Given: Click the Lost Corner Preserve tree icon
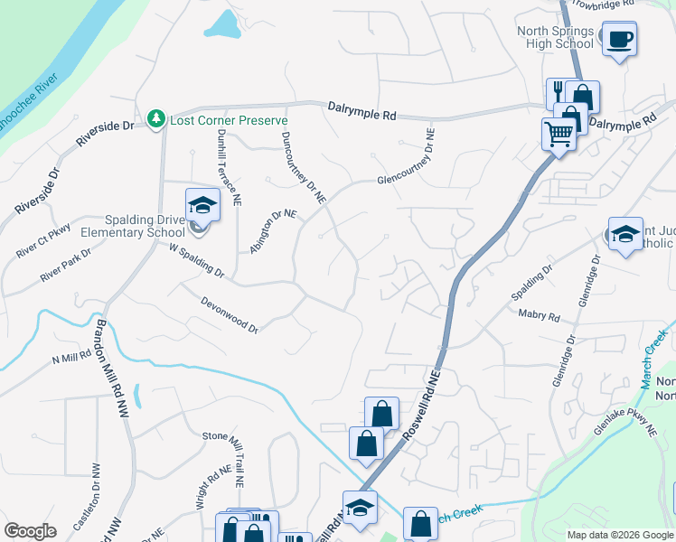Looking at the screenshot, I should pos(157,119).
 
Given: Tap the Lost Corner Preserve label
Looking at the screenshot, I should pos(230,120).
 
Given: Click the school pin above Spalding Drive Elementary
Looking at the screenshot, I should pos(202,205).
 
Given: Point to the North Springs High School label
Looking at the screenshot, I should pos(555,37).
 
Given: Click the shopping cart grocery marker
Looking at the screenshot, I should pos(559,135).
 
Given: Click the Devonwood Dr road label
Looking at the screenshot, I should pos(230,316).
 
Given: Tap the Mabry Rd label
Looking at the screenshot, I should pos(540,316).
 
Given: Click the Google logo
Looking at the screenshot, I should pos(30,531).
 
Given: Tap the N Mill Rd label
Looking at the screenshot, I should pos(72,358).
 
